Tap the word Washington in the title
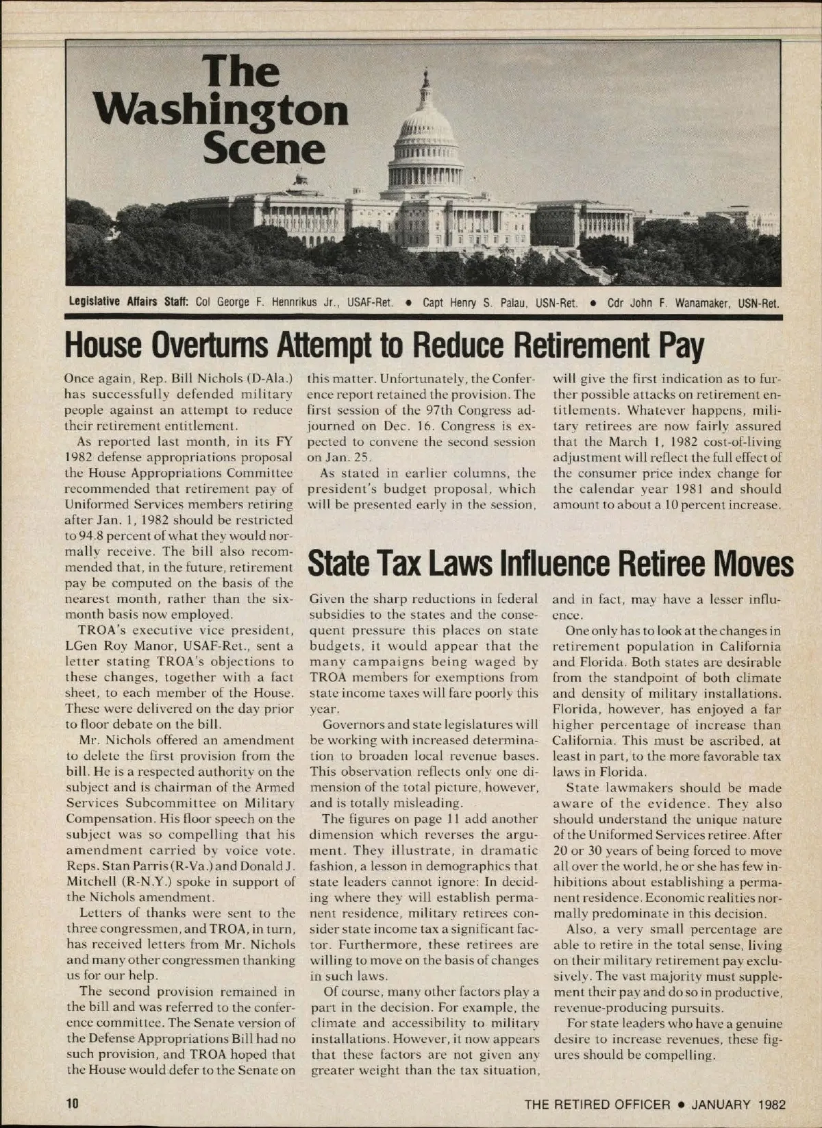[x=223, y=111]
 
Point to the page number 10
[x=73, y=1104]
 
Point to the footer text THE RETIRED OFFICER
[x=597, y=1104]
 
